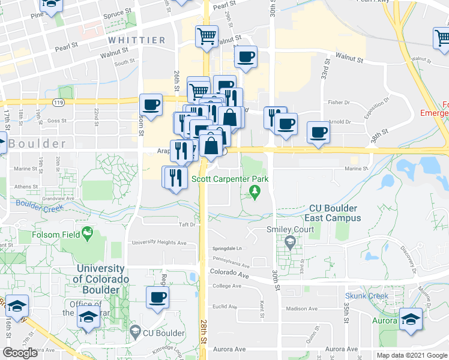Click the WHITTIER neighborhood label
[x=137, y=40]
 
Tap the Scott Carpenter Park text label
[x=229, y=179]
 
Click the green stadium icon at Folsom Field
[x=88, y=232]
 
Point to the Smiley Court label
[x=291, y=230]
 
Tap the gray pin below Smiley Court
[x=291, y=242]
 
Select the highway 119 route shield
[x=58, y=103]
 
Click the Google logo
[x=20, y=352]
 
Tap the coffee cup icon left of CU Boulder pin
[x=158, y=297]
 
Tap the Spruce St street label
[x=117, y=12]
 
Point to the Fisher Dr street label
[x=339, y=103]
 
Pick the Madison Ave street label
[x=301, y=309]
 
